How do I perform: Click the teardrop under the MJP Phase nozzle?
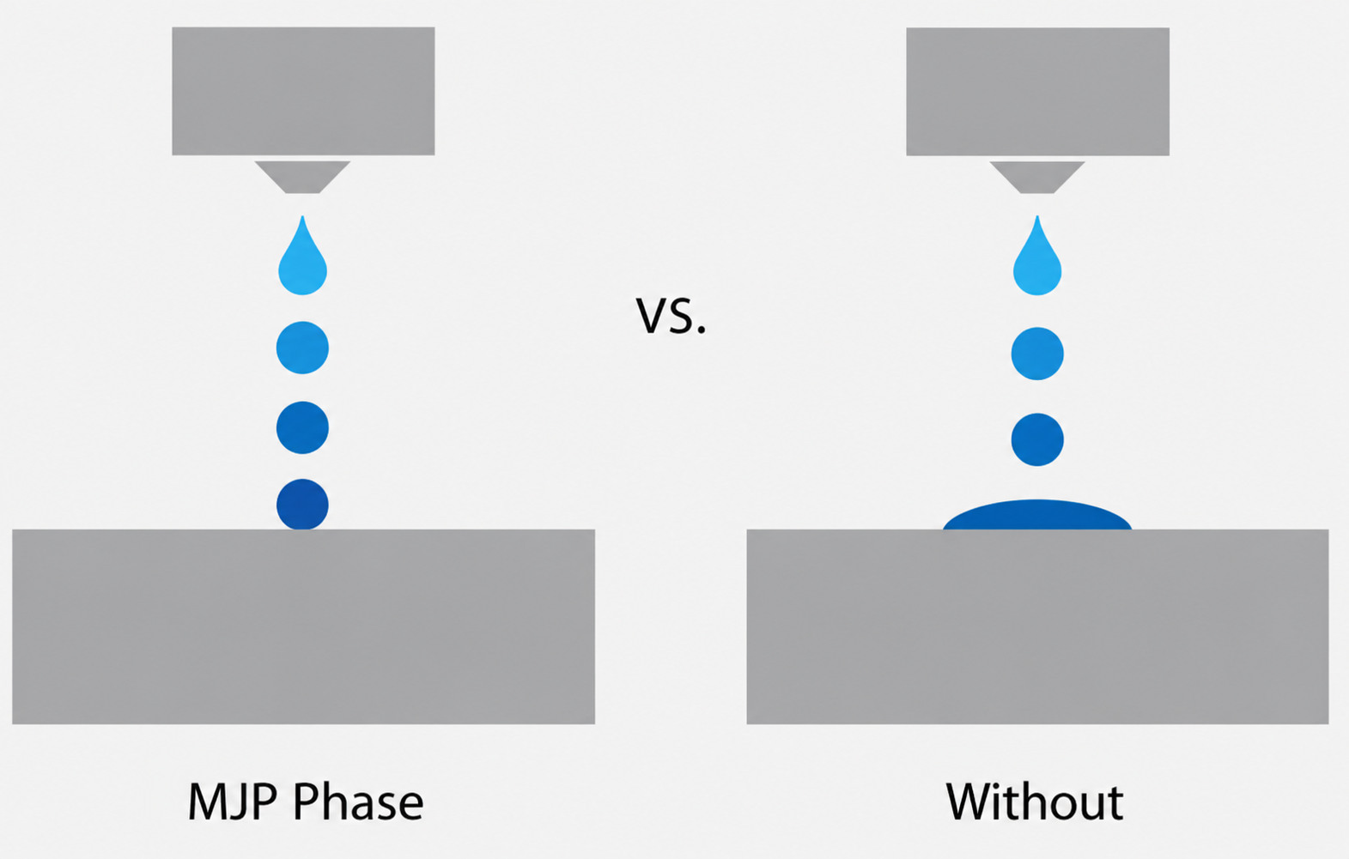point(302,263)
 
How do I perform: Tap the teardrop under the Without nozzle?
point(1037,263)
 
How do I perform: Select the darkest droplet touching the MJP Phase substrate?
point(302,505)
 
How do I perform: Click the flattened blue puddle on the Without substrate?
point(1037,515)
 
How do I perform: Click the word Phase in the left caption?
point(358,801)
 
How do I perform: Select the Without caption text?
point(1035,801)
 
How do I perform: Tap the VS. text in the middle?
point(671,316)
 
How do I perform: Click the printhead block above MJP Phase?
point(303,91)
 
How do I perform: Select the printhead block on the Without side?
point(1037,92)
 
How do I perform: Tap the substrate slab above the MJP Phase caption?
point(303,626)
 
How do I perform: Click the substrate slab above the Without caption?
point(1037,626)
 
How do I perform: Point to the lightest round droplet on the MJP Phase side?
point(302,348)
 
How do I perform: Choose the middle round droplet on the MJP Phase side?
point(302,427)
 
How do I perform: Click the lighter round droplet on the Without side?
point(1037,354)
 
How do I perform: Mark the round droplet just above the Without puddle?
point(1037,439)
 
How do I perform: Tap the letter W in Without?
point(971,802)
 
